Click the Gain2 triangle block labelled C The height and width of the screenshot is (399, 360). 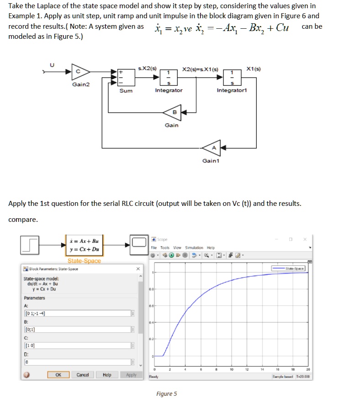(x=80, y=72)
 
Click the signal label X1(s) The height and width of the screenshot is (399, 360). (x=253, y=69)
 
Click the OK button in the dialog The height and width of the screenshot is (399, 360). (x=58, y=375)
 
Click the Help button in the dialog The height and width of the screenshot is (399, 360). (x=107, y=375)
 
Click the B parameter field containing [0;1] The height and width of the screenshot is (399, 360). (x=75, y=329)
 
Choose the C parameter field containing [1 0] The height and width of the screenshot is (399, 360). (x=75, y=345)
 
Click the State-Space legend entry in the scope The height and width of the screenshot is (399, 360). (x=290, y=269)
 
